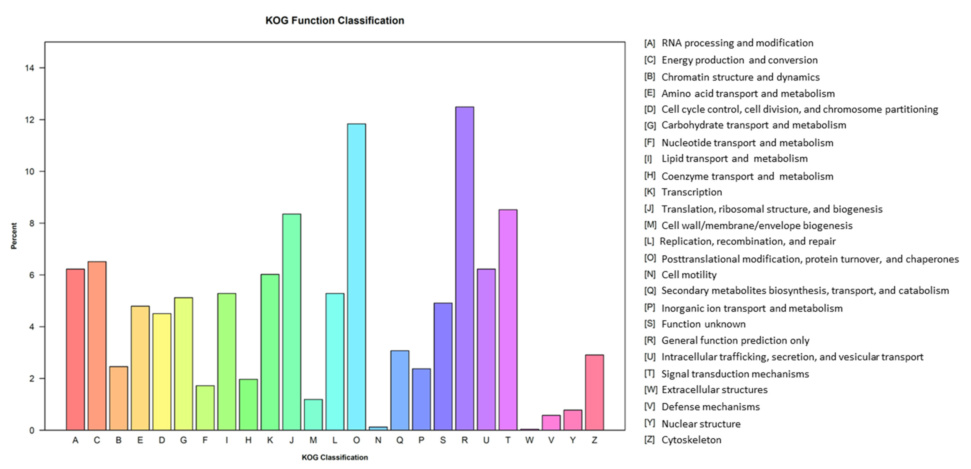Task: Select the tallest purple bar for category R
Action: [x=464, y=268]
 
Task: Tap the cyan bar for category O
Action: [x=356, y=277]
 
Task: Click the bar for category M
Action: [x=313, y=415]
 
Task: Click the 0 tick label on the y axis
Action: [x=32, y=430]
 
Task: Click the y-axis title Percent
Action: [x=14, y=236]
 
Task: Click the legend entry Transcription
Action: [x=691, y=192]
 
